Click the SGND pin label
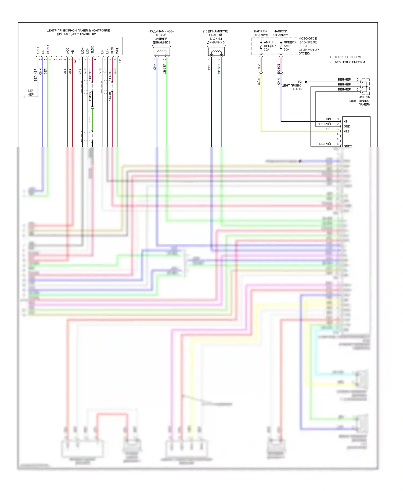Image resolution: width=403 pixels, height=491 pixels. (x=48, y=49)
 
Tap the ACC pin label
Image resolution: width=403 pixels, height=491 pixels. (x=68, y=50)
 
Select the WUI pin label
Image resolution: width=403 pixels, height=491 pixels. (x=117, y=51)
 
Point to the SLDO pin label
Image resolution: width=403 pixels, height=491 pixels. (x=92, y=50)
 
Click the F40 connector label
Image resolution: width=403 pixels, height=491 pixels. (x=75, y=61)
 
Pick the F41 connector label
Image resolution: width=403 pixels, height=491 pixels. (x=120, y=61)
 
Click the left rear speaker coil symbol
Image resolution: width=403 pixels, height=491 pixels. (x=161, y=52)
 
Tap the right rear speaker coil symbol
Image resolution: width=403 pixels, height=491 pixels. (x=216, y=52)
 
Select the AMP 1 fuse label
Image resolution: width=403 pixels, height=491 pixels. (x=268, y=42)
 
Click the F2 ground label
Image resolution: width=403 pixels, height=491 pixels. (x=300, y=82)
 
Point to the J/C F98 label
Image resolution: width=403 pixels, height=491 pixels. (x=364, y=97)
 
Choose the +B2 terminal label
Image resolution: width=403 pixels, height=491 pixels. (x=346, y=131)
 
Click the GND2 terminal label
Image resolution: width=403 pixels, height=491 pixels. (x=347, y=146)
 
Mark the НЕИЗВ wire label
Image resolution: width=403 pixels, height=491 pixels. (x=90, y=97)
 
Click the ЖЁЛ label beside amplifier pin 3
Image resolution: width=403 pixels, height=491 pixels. (x=329, y=129)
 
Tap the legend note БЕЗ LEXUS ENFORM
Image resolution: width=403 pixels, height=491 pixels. (x=350, y=62)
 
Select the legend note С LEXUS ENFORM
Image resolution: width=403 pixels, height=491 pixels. (x=348, y=57)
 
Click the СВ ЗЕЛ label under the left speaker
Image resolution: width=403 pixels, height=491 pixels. (x=164, y=69)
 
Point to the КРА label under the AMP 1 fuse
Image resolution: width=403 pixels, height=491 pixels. (x=259, y=66)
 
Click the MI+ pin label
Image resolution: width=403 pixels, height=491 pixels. (x=107, y=51)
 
